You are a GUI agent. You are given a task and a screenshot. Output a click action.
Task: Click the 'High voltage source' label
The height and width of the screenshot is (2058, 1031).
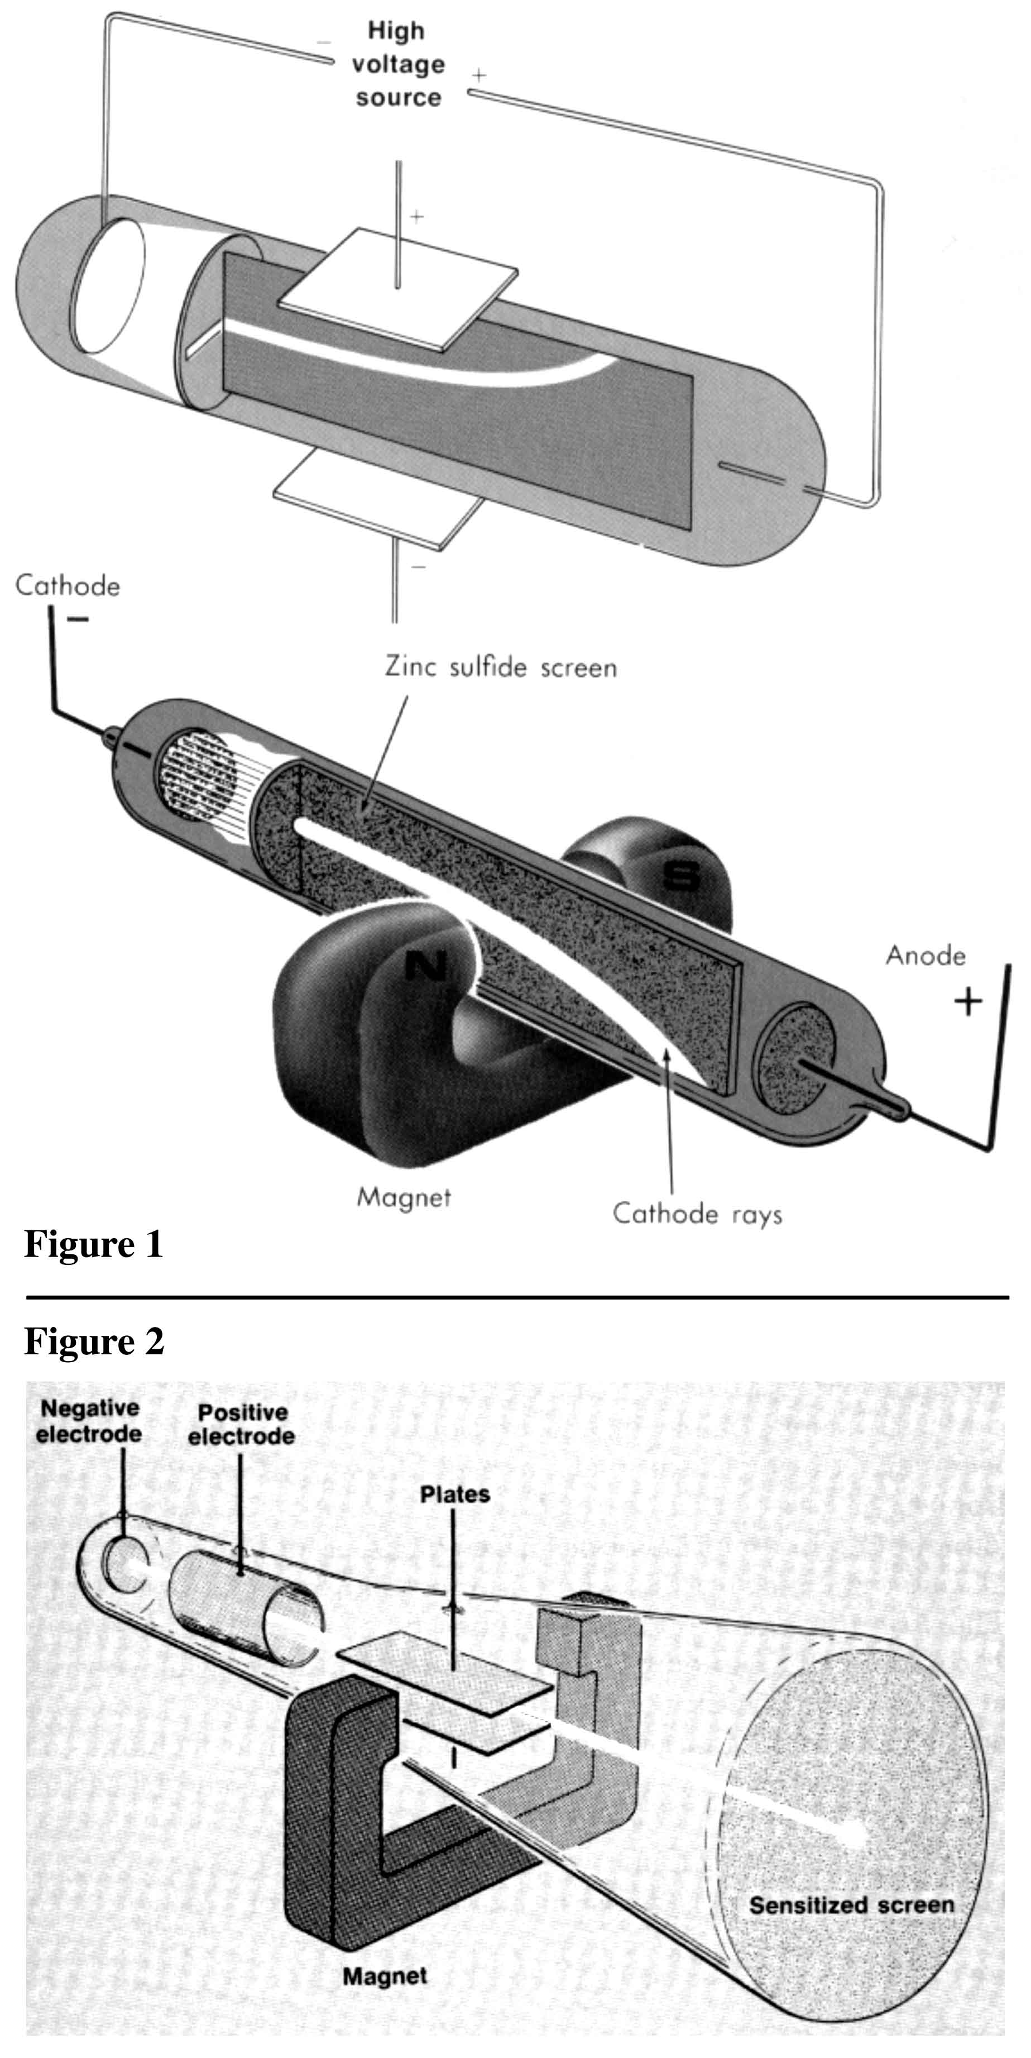point(397,64)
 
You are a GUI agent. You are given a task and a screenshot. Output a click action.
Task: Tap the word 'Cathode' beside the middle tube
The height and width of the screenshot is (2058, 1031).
point(68,586)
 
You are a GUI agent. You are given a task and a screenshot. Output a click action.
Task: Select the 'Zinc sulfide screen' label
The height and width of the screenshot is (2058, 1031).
point(501,667)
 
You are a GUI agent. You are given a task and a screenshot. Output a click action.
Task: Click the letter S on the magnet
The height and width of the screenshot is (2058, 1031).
point(681,876)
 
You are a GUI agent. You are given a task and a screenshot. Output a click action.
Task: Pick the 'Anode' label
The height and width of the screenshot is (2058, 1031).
point(925,956)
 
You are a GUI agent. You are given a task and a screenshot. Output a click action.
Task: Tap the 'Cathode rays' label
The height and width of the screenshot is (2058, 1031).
point(697,1214)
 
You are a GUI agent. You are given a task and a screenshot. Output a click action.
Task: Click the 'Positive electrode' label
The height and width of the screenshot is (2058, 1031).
point(241,1425)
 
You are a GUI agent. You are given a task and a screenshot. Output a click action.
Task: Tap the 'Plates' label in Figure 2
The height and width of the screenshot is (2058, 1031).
point(454,1494)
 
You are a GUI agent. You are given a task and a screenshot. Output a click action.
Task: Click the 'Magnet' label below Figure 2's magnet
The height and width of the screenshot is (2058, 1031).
point(384,1976)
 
